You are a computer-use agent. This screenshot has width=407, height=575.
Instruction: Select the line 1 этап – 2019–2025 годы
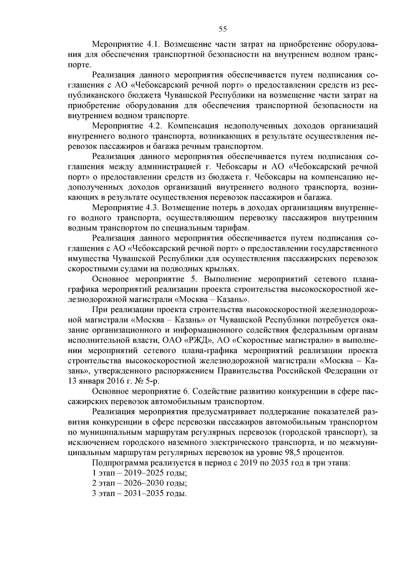pos(139,473)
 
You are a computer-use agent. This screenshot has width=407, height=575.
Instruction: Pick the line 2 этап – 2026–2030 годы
pos(139,483)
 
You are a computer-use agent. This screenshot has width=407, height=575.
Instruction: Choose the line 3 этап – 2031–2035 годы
pos(139,493)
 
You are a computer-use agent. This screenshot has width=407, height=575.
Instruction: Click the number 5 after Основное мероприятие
pos(191,279)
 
